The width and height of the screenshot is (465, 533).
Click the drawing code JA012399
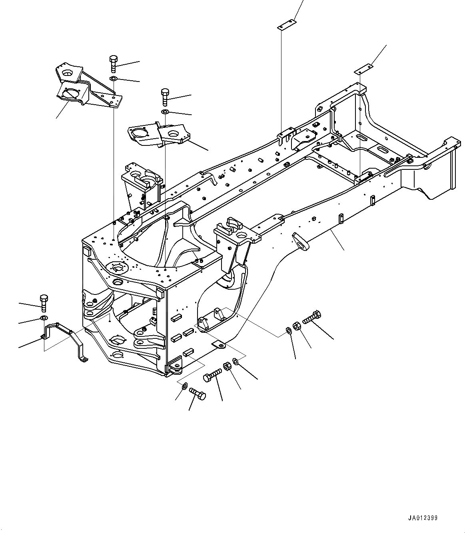click(x=423, y=518)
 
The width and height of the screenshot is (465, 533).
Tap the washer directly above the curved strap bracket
click(x=43, y=318)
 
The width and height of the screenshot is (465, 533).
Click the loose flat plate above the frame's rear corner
click(x=363, y=70)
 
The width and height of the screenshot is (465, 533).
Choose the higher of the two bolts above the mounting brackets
click(x=113, y=64)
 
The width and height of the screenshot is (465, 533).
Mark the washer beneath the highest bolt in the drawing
click(x=113, y=78)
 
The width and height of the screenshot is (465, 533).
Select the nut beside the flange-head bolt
click(x=297, y=326)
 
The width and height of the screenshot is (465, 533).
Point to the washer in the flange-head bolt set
click(x=289, y=330)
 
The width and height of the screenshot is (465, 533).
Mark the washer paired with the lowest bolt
click(x=184, y=386)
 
